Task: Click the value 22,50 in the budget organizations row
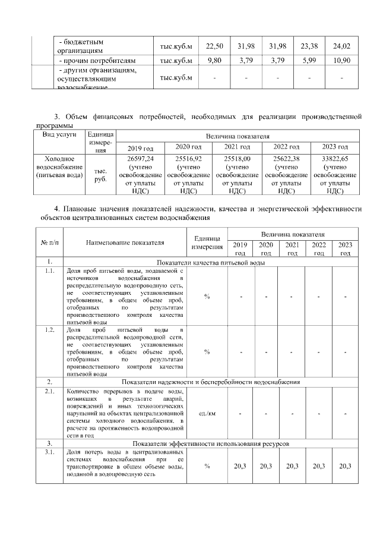(214, 47)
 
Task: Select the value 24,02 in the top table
(343, 47)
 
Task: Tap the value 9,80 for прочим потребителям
(214, 60)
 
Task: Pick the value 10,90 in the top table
(343, 60)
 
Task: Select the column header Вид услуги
(59, 135)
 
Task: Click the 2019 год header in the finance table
(141, 147)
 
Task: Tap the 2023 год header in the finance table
(335, 147)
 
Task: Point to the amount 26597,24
(141, 159)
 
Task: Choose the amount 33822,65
(335, 159)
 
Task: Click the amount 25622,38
(286, 159)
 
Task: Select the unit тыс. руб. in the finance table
(101, 175)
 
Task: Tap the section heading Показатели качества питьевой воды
(210, 262)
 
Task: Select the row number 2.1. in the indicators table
(50, 391)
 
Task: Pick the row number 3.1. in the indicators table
(50, 452)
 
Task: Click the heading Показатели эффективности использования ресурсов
(210, 443)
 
